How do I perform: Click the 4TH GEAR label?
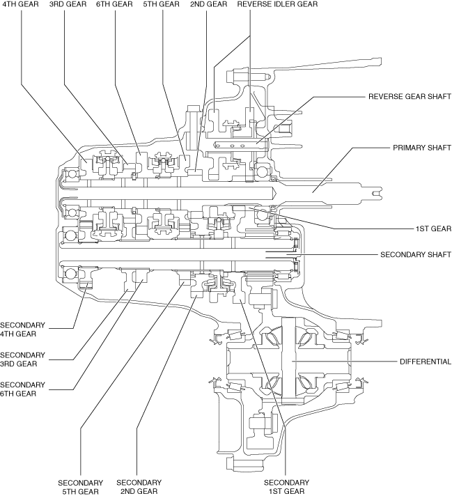pos(21,4)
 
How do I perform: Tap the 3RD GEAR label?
pos(68,4)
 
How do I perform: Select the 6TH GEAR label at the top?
pos(114,4)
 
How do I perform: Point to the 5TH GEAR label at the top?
pos(162,4)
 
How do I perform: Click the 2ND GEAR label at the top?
pos(209,4)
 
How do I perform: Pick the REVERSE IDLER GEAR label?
pos(277,4)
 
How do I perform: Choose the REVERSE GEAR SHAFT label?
pos(410,96)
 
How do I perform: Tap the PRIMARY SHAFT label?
pos(422,148)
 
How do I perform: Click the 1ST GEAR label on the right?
pos(433,228)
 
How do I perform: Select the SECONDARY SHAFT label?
pos(416,255)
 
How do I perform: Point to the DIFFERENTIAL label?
pos(426,362)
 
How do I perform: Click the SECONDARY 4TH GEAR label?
pos(22,330)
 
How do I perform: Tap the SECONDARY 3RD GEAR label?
pos(22,359)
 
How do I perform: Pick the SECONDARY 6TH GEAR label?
pos(22,389)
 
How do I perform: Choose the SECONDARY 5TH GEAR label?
pos(81,487)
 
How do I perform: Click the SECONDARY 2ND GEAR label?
pos(139,487)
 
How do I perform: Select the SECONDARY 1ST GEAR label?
pos(286,487)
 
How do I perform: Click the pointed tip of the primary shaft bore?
pos(276,193)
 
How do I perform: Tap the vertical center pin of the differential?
pos(288,361)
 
